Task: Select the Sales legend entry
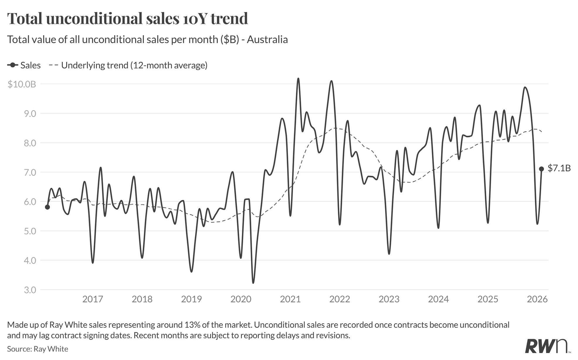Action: (24, 65)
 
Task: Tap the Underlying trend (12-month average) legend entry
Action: (128, 65)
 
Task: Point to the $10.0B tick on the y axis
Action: (22, 84)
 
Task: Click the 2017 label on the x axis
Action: (93, 299)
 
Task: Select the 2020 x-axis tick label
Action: (241, 299)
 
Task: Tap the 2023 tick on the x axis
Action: (389, 299)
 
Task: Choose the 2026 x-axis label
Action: (537, 299)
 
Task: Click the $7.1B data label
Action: (559, 168)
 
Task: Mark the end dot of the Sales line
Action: (541, 169)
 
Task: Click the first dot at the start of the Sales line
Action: (47, 207)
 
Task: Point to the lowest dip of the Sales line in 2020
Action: (253, 283)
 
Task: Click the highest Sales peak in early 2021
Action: (298, 79)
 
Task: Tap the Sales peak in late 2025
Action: (525, 87)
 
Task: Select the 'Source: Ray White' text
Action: (38, 349)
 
